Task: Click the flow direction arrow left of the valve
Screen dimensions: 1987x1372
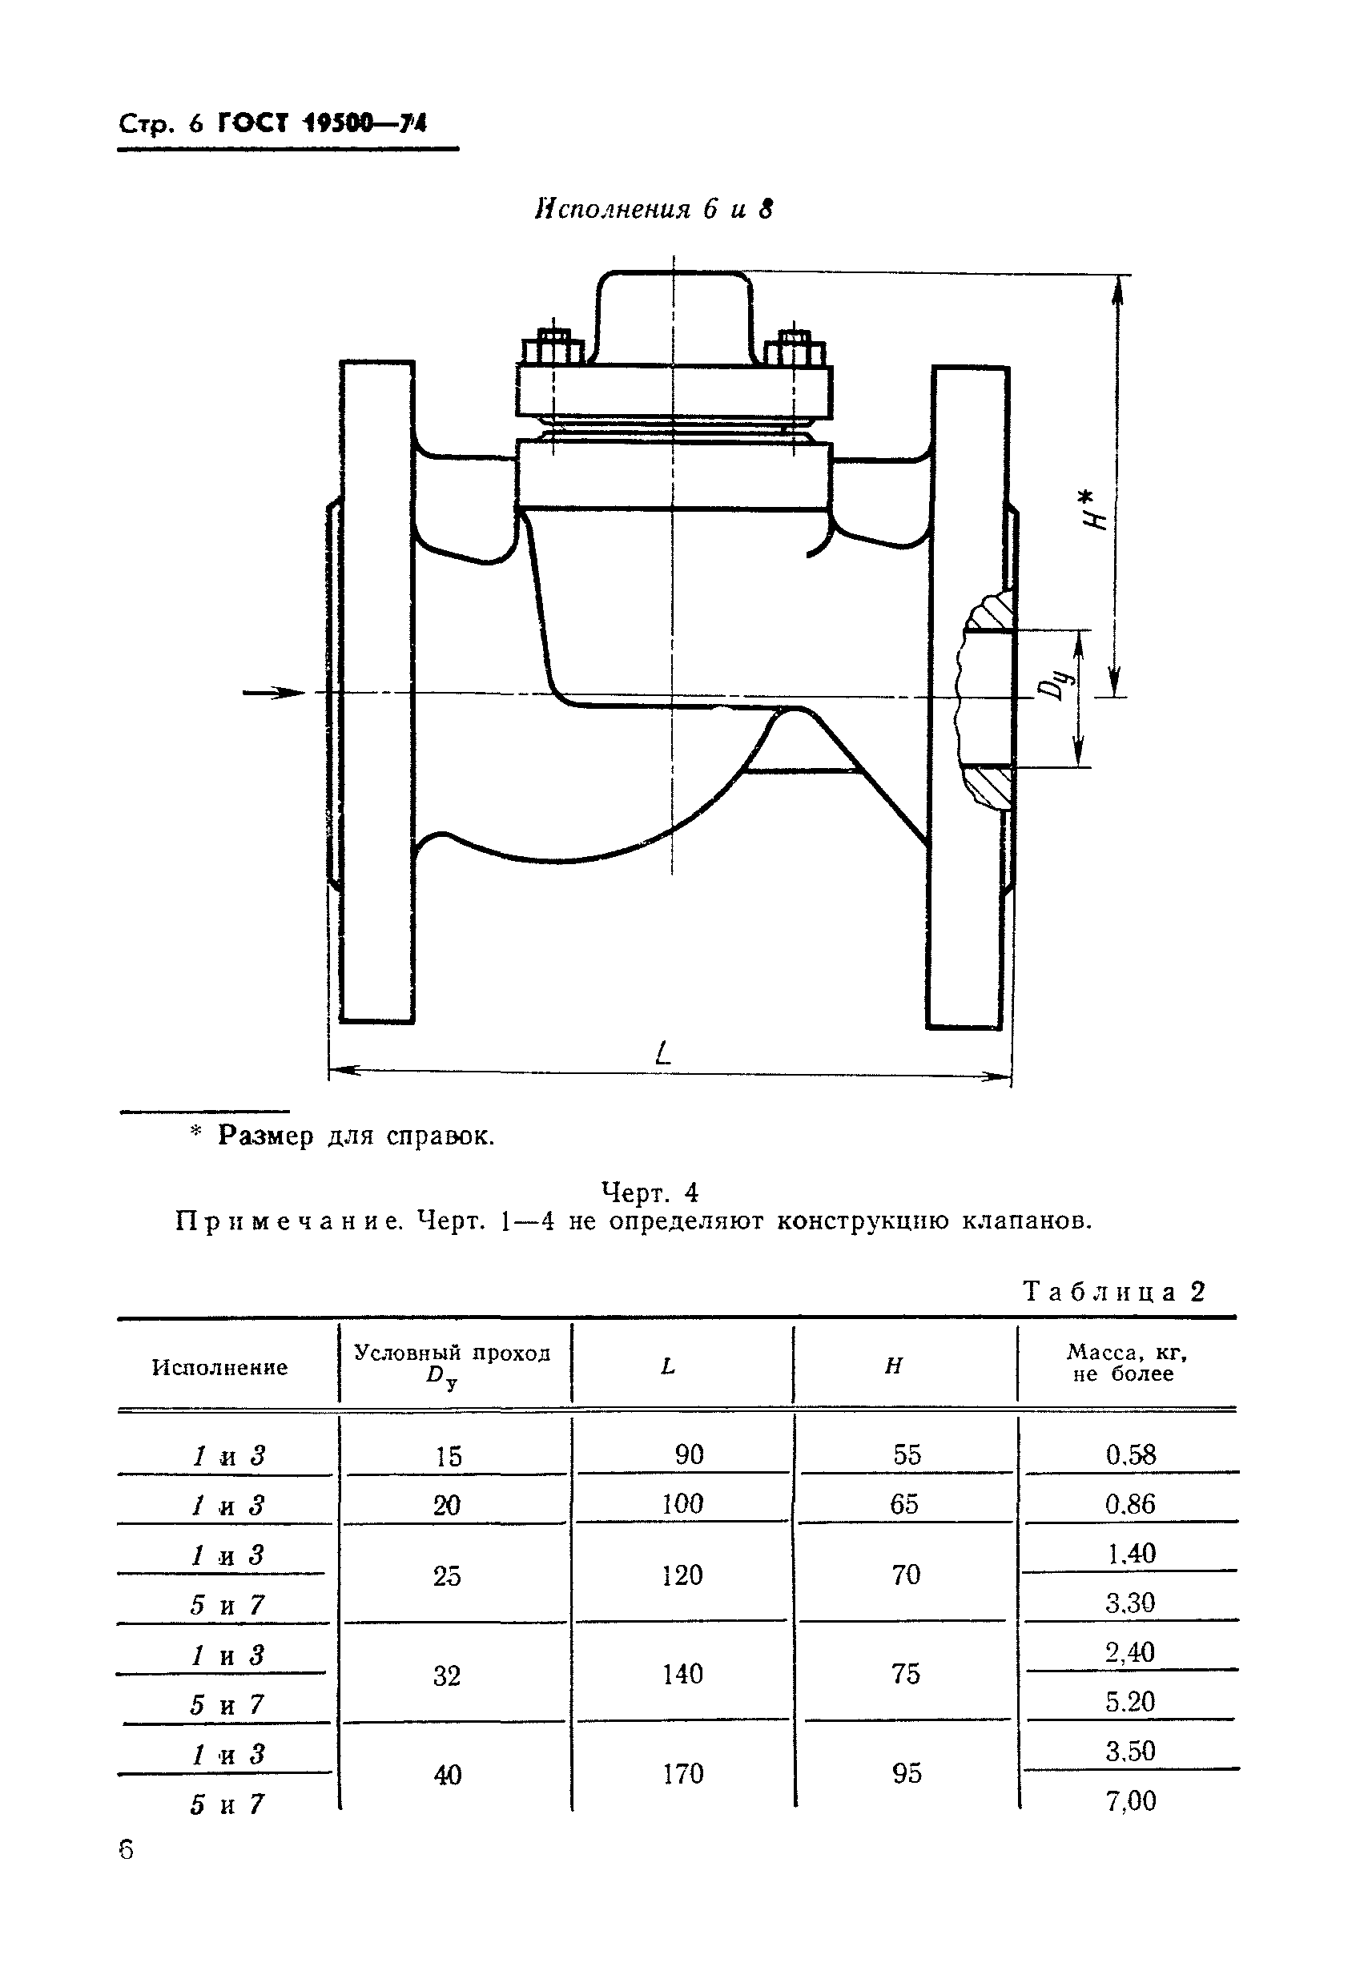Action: (273, 693)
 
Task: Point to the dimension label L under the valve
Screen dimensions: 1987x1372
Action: (662, 1053)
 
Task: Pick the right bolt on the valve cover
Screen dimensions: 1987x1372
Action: (795, 348)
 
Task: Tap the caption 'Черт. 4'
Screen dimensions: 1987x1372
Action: (650, 1192)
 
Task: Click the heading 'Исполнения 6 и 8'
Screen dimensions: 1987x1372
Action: (654, 209)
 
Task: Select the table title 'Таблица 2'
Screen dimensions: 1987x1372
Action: (1114, 1291)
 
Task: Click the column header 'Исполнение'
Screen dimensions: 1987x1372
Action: (220, 1367)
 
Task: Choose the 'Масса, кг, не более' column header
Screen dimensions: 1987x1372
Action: (1127, 1363)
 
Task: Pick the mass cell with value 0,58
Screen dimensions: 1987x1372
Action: (1130, 1455)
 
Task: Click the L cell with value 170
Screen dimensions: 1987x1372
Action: (682, 1773)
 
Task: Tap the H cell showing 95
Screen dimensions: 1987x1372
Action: (906, 1773)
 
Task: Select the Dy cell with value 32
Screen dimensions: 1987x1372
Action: (447, 1675)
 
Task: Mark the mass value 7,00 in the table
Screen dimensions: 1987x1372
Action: (1130, 1800)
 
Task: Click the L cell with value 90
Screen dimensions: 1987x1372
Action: (689, 1454)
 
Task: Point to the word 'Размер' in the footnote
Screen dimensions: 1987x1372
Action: (266, 1136)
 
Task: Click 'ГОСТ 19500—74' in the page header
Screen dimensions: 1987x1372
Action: (322, 124)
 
